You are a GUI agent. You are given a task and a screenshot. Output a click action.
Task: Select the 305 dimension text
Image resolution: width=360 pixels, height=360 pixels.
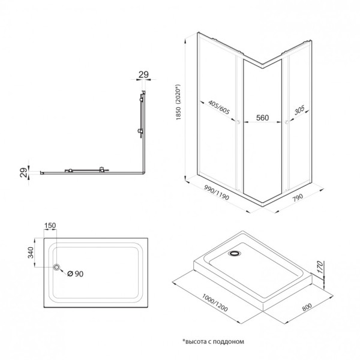point(299,111)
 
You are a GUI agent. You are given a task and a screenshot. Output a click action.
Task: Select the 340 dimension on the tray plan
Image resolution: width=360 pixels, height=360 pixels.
point(31,252)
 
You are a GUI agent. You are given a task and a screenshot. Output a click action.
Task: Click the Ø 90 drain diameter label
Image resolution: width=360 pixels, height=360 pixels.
point(75,274)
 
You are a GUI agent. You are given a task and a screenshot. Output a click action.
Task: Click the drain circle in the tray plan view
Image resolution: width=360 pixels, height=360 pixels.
point(56,267)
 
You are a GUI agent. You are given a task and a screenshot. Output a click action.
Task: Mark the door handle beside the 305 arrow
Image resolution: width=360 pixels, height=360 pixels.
point(287,124)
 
